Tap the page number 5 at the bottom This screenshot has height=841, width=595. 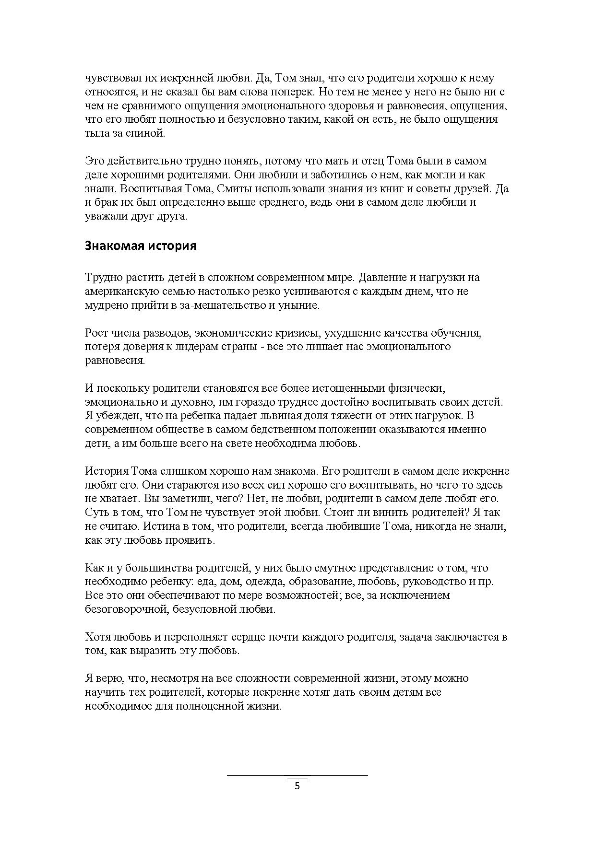[297, 786]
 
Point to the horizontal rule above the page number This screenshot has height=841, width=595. [297, 775]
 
